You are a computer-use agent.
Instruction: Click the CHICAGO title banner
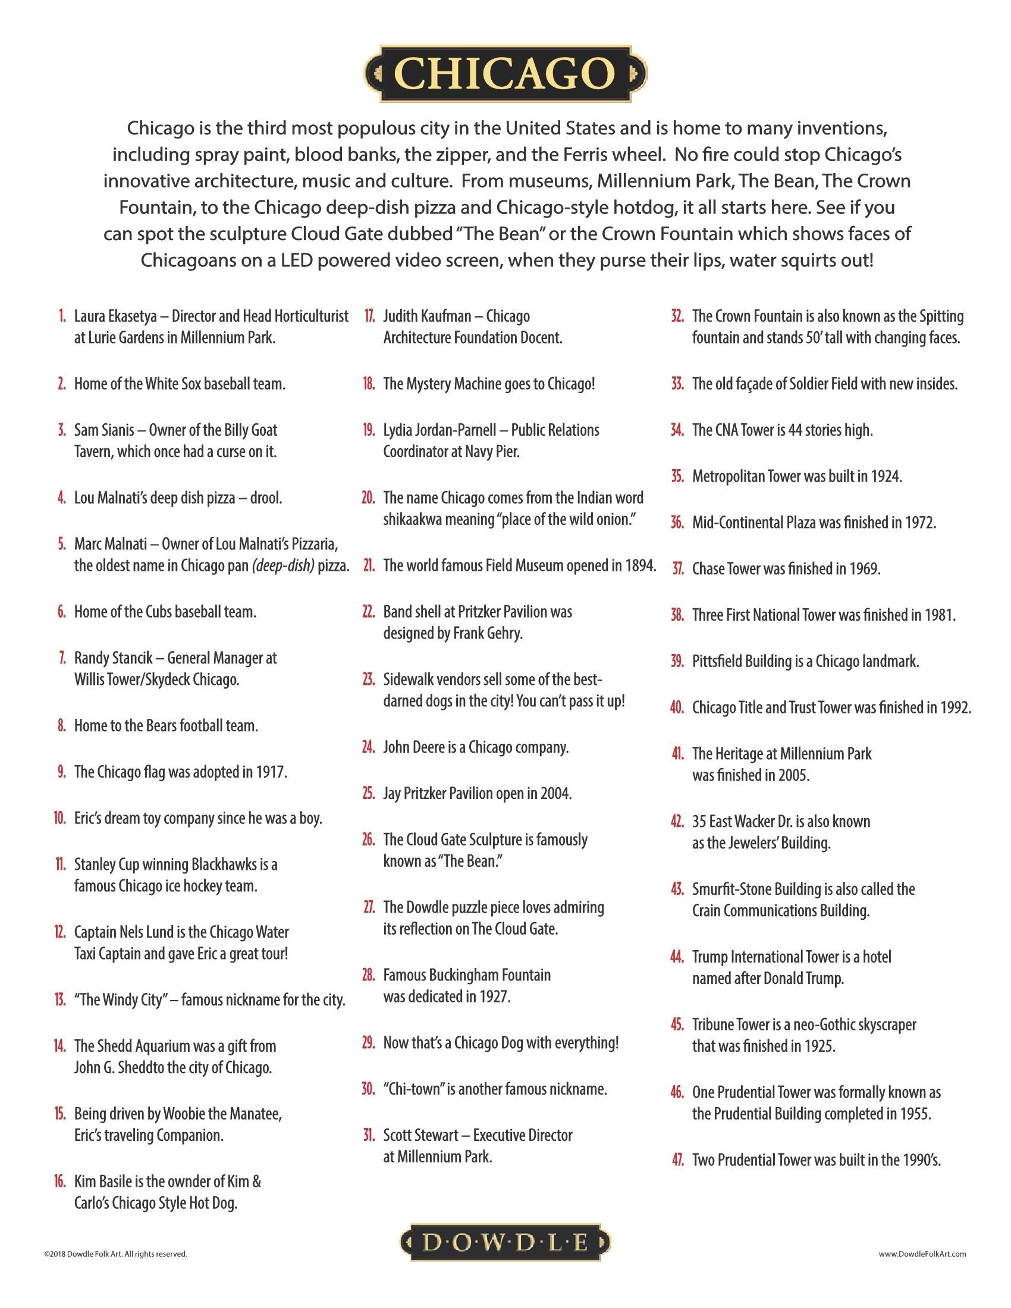(x=505, y=74)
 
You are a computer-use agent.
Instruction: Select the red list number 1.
(x=62, y=316)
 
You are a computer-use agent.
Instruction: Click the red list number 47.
(x=677, y=1160)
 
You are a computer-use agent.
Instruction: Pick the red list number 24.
(x=368, y=747)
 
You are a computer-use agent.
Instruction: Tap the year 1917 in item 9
(x=269, y=772)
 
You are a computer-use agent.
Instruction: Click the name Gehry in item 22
(x=504, y=633)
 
